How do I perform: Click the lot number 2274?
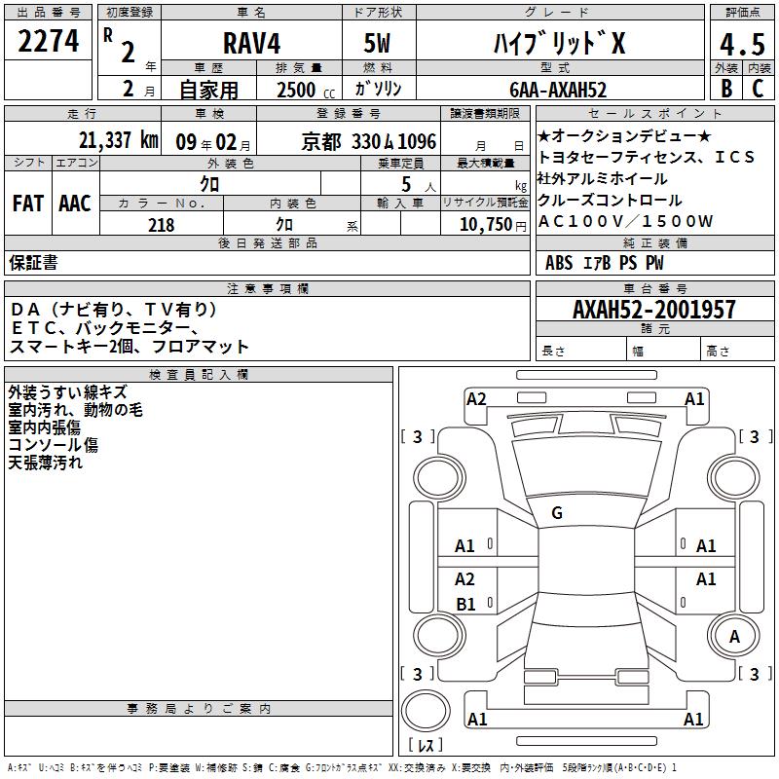point(48,41)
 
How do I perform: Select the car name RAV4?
point(251,43)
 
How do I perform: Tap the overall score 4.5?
point(742,44)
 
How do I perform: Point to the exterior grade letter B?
point(726,88)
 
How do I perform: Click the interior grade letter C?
point(758,88)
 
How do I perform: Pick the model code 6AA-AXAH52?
point(558,90)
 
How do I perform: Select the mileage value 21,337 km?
point(118,140)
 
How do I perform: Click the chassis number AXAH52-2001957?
point(653,310)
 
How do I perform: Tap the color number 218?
point(161,225)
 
